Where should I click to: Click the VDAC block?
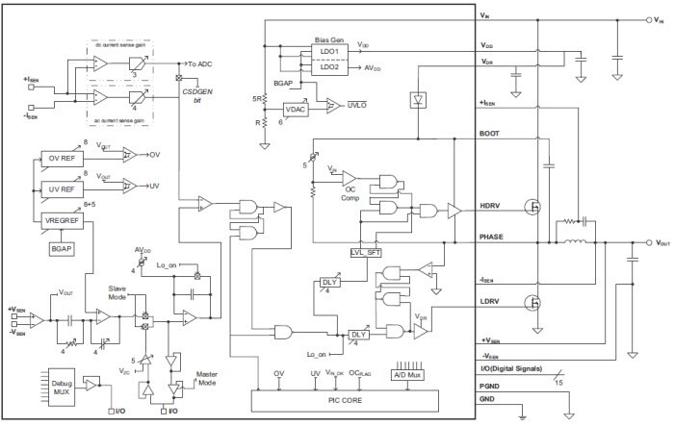(x=297, y=109)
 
